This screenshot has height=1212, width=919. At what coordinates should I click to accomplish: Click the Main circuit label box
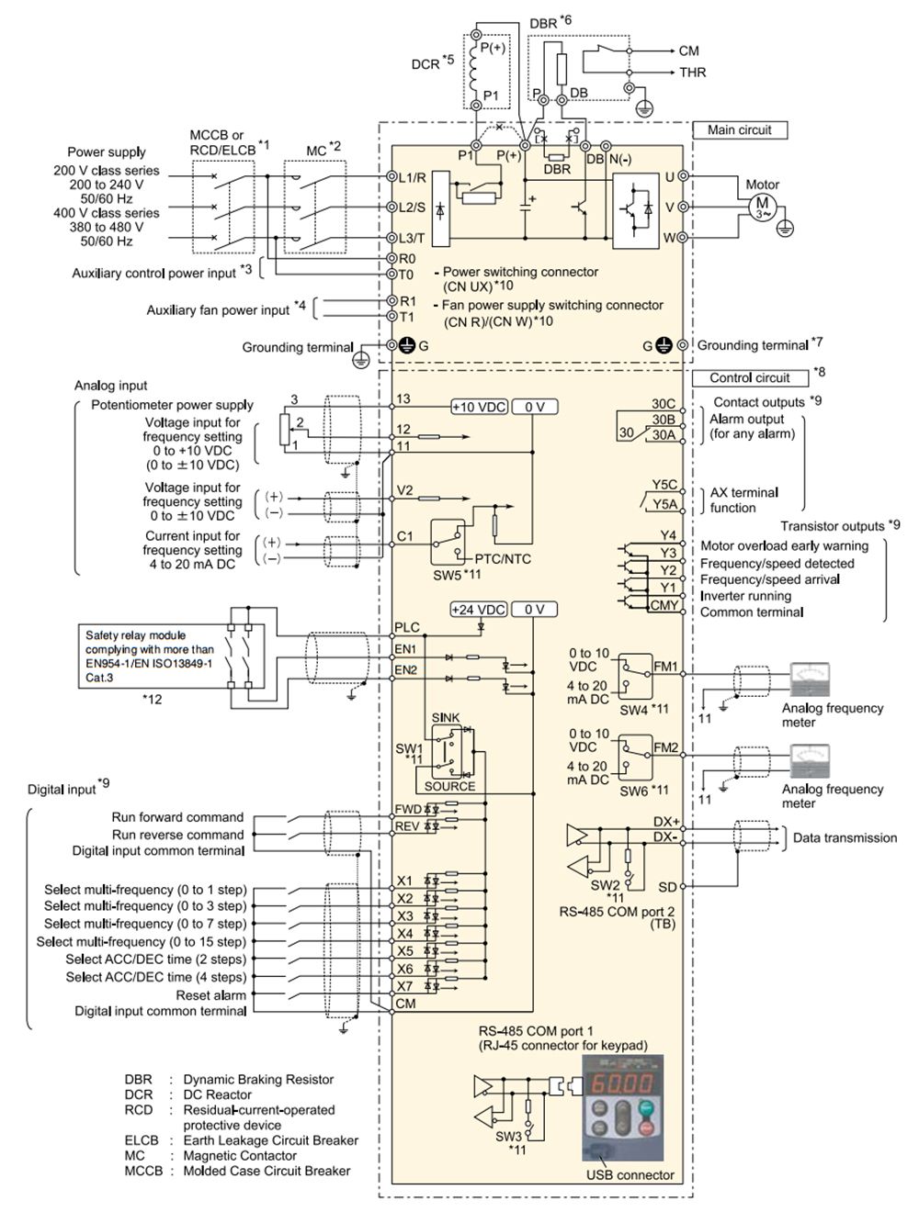tap(740, 130)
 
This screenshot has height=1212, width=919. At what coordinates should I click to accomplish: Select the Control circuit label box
tap(750, 377)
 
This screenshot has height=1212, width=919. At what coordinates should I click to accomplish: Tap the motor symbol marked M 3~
tap(763, 208)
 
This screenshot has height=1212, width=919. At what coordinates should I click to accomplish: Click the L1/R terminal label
tap(413, 177)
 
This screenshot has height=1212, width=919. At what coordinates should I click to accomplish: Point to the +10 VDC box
tap(479, 407)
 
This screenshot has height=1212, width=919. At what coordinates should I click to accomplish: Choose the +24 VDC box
tap(479, 610)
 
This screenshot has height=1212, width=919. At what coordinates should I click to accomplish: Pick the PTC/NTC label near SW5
tap(503, 559)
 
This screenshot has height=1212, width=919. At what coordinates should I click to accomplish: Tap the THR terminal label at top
tap(692, 73)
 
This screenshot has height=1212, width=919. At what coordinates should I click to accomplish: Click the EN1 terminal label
tap(405, 649)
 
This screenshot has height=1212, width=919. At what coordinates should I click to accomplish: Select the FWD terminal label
tap(408, 810)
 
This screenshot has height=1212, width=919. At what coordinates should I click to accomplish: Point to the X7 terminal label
tap(405, 986)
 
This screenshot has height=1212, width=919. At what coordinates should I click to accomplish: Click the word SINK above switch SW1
tap(446, 718)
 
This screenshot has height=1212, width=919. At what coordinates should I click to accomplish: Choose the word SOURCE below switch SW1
tap(449, 786)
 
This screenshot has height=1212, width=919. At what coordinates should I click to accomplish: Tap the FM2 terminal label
tap(666, 747)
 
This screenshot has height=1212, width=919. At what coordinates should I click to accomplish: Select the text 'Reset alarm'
tap(211, 995)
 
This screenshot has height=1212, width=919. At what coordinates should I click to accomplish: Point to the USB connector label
tap(630, 1175)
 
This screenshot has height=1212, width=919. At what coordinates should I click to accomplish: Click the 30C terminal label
tap(664, 404)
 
